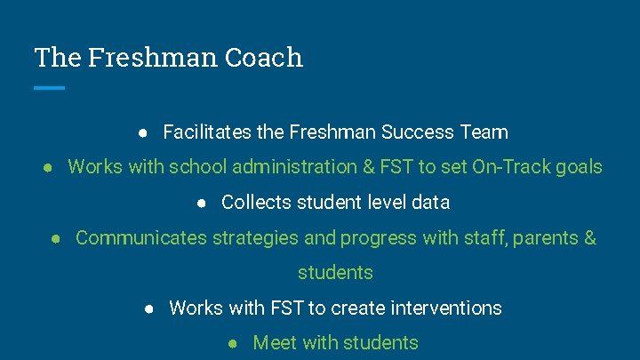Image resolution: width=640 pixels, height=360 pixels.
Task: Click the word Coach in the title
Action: point(264,58)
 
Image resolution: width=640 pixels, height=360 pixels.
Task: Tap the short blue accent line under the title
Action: point(50,87)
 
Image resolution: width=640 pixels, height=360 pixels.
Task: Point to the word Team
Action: point(484,132)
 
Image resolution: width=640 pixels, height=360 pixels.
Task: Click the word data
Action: point(431,203)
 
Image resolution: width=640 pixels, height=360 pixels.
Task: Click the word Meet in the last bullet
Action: point(275,343)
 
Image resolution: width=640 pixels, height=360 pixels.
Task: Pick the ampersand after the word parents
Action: point(589,238)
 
